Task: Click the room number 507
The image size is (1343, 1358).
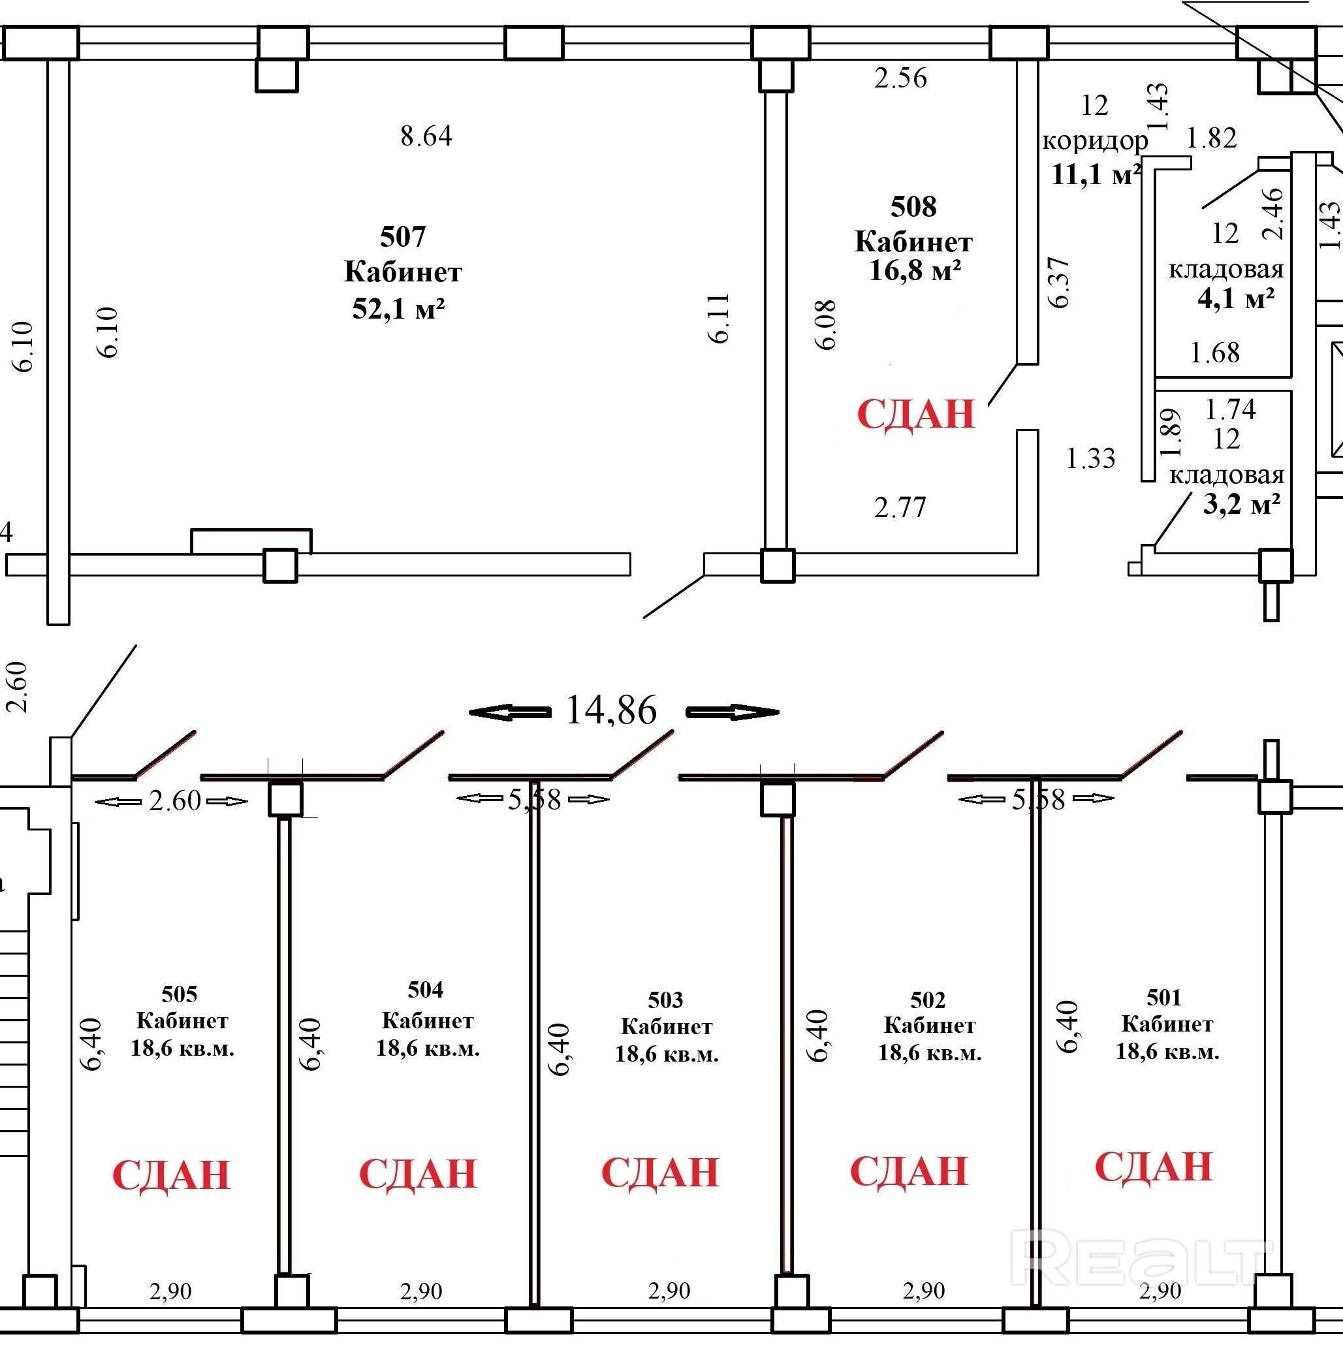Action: click(x=403, y=237)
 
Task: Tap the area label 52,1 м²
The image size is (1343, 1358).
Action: click(x=398, y=309)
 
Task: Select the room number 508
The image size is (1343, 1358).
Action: click(x=913, y=207)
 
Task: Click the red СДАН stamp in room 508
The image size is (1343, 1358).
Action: click(x=916, y=414)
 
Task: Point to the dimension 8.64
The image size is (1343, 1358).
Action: click(x=426, y=136)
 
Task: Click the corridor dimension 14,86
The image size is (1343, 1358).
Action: click(x=610, y=710)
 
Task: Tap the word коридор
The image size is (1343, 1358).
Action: click(x=1095, y=141)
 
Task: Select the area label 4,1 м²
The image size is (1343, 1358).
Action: click(x=1236, y=299)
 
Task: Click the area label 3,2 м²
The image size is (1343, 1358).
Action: click(x=1241, y=504)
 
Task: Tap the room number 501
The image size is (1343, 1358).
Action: click(x=1164, y=998)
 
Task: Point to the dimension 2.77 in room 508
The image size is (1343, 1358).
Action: click(x=900, y=507)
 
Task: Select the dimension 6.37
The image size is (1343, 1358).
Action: click(x=1058, y=283)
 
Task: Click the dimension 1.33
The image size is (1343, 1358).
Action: click(x=1091, y=459)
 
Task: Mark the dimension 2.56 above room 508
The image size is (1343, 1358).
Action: click(x=900, y=77)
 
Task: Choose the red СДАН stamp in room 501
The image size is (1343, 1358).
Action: click(x=1153, y=1167)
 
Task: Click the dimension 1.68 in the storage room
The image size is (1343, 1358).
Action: click(x=1214, y=353)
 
